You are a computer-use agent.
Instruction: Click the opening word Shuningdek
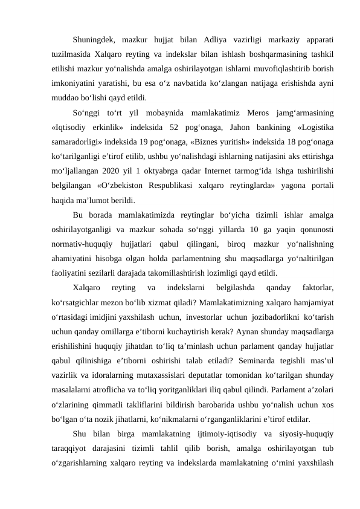point(92,40)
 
